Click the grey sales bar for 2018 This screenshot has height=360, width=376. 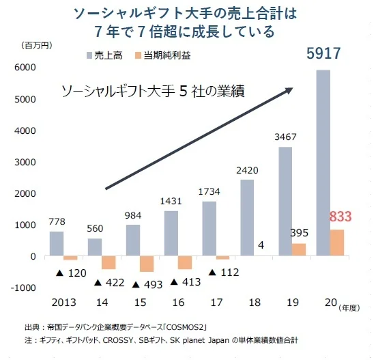[246, 217]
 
